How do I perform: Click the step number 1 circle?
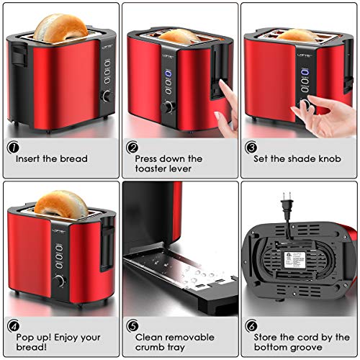point(12,147)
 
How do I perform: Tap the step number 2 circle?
point(132,147)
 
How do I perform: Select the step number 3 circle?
point(251,147)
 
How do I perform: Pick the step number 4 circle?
point(12,325)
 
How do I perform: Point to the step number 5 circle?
point(132,325)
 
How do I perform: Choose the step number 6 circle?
point(251,325)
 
